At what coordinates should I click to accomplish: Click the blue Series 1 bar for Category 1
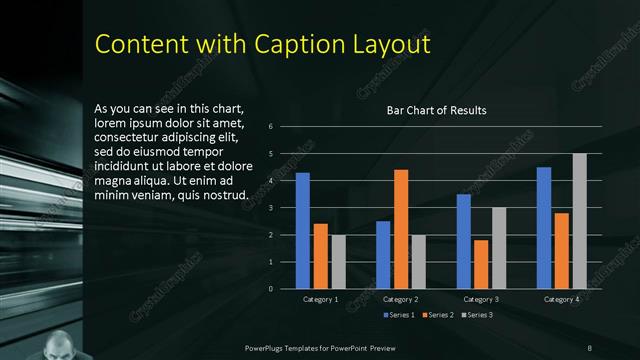click(302, 231)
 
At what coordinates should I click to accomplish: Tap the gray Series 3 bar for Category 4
click(579, 221)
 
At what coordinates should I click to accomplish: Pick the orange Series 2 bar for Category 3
click(481, 264)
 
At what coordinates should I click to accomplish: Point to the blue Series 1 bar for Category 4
click(544, 228)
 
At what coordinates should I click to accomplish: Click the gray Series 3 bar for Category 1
click(338, 262)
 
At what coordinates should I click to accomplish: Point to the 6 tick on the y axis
click(271, 127)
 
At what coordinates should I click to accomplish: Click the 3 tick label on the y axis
click(271, 208)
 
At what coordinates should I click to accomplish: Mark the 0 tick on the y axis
click(271, 289)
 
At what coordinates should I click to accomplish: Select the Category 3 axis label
click(481, 299)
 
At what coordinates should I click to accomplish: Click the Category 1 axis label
click(320, 299)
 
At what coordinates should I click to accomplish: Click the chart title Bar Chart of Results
click(437, 110)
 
